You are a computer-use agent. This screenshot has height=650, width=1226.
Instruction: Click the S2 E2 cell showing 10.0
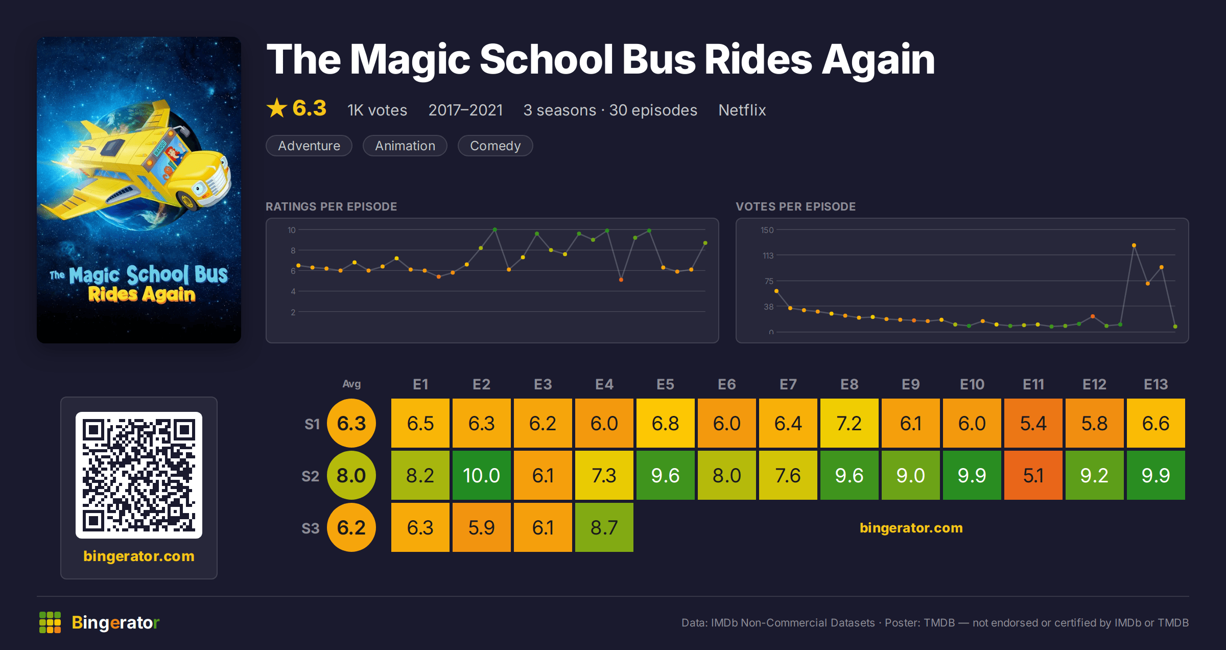pyautogui.click(x=481, y=475)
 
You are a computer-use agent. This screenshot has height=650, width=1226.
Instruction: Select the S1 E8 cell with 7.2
pyautogui.click(x=849, y=423)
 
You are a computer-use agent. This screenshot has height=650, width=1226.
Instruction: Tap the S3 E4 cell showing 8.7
pyautogui.click(x=604, y=527)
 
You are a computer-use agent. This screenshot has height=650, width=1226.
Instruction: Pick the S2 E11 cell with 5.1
pyautogui.click(x=1033, y=475)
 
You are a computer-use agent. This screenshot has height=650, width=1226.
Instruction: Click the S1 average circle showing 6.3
pyautogui.click(x=351, y=423)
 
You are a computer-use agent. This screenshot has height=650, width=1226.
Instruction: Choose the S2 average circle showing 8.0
pyautogui.click(x=351, y=475)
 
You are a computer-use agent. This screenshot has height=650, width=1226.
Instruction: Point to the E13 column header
pyautogui.click(x=1156, y=384)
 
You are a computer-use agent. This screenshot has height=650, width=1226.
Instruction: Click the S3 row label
pyautogui.click(x=310, y=528)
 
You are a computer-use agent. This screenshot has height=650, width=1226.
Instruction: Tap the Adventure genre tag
pyautogui.click(x=309, y=146)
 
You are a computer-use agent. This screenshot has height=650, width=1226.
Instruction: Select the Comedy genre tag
pyautogui.click(x=495, y=146)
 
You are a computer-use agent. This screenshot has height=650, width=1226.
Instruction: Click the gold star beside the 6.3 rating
pyautogui.click(x=277, y=108)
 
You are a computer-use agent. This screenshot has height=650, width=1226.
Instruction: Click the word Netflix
pyautogui.click(x=742, y=110)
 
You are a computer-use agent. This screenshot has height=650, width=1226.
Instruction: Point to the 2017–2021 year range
pyautogui.click(x=465, y=110)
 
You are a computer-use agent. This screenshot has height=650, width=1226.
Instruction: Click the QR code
pyautogui.click(x=139, y=475)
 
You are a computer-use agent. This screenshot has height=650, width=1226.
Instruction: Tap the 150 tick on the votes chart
pyautogui.click(x=767, y=230)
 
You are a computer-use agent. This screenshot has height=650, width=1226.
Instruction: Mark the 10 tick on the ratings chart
pyautogui.click(x=291, y=230)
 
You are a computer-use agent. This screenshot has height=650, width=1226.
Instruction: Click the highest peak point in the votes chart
pyautogui.click(x=1134, y=245)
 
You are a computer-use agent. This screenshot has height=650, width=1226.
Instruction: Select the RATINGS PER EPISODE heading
pyautogui.click(x=331, y=206)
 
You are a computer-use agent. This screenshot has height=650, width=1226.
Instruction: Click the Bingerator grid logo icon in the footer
pyautogui.click(x=50, y=622)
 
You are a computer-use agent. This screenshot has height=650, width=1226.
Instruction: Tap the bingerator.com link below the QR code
pyautogui.click(x=139, y=556)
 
